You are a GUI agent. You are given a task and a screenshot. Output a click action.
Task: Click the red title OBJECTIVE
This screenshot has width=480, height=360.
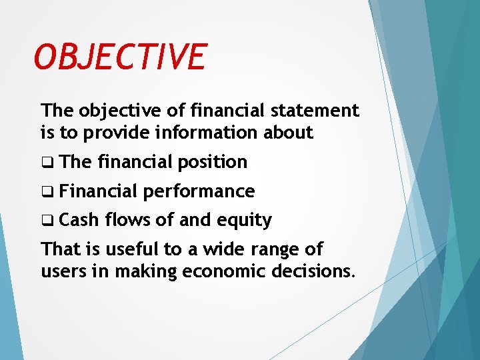121,57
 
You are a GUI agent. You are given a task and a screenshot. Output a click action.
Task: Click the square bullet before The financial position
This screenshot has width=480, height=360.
46,163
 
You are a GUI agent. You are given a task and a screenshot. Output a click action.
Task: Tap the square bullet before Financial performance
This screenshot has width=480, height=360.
46,192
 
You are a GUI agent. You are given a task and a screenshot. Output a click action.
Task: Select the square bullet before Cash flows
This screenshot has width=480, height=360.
46,221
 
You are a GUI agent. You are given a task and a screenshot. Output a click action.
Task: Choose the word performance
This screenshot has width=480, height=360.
199,192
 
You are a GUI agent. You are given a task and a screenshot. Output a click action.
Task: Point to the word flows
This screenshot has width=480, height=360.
126,220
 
